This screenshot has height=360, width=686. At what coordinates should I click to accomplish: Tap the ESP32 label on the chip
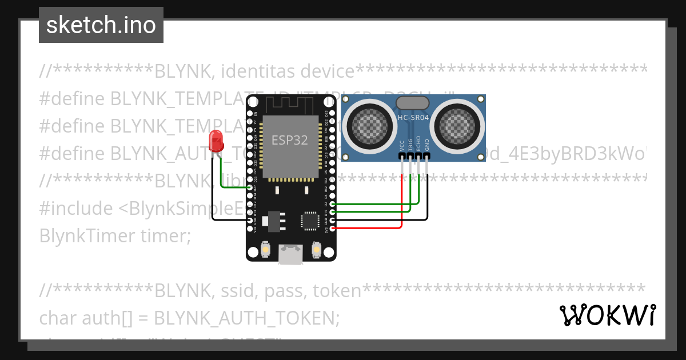pos(290,140)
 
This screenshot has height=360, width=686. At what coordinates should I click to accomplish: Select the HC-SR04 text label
pos(413,118)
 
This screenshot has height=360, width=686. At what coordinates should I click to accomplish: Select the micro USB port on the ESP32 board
pos(291,254)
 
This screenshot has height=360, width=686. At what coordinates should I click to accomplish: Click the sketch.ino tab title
pos(101,25)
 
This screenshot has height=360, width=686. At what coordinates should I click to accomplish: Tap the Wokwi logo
pos(607,315)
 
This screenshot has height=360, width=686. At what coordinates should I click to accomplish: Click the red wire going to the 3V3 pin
pos(372,228)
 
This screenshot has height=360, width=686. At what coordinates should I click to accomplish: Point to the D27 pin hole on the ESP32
pos(250,187)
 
